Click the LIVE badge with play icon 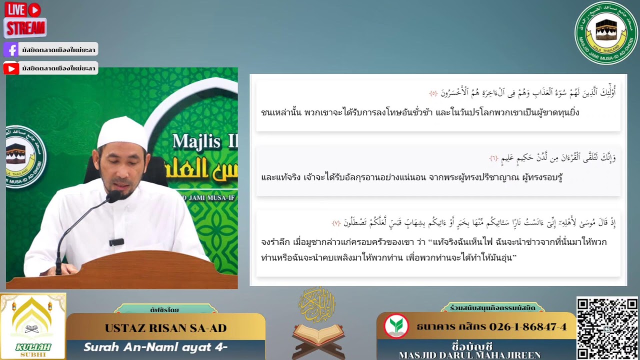click(x=23, y=9)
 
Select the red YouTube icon click(x=11, y=68)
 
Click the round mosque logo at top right click(x=606, y=33)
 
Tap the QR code click(x=607, y=328)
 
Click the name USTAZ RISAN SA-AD click(x=165, y=328)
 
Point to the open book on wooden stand click(x=319, y=334)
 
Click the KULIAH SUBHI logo click(x=33, y=326)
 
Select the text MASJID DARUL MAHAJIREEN click(x=470, y=355)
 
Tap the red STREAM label click(x=25, y=27)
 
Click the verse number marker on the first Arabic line click(x=433, y=93)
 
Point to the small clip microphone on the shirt click(x=116, y=242)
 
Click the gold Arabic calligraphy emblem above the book click(x=317, y=304)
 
